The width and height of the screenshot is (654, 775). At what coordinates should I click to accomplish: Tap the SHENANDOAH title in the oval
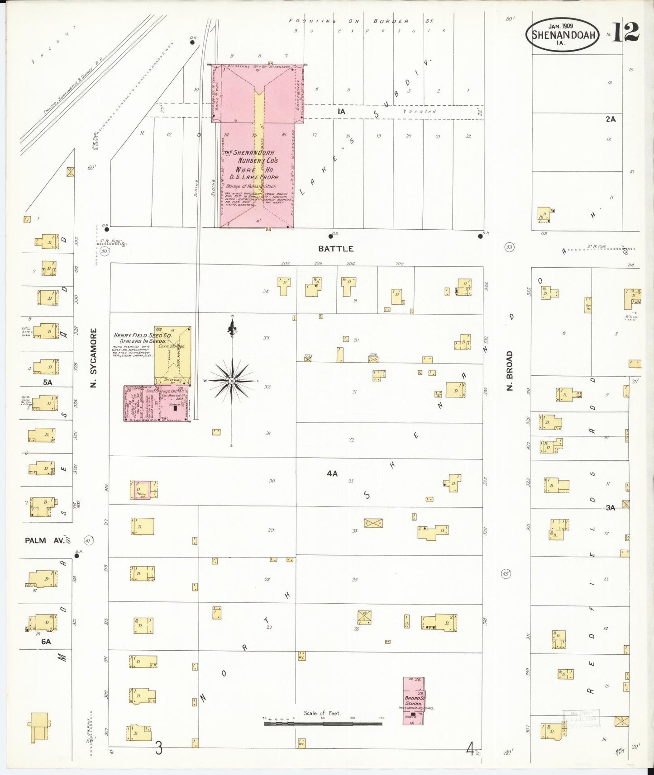point(563,34)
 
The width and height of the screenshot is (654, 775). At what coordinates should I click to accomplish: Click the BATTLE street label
point(335,249)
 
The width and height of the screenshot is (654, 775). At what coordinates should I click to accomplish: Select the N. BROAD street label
point(510,371)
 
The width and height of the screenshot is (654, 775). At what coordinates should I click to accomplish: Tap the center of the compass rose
point(232,381)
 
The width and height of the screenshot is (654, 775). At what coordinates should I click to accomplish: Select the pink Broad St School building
point(413,701)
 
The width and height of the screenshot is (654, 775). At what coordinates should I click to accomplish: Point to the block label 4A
point(332,473)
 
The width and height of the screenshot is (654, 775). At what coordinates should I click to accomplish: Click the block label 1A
point(341,111)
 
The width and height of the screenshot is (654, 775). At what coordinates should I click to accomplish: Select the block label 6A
point(46,641)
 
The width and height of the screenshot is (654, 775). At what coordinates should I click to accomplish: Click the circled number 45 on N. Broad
point(506,574)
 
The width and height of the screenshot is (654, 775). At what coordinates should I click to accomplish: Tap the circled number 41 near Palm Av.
point(88,540)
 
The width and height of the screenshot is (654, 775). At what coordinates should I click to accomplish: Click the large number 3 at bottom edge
point(158,748)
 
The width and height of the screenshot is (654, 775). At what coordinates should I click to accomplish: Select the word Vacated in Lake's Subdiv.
point(419,111)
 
